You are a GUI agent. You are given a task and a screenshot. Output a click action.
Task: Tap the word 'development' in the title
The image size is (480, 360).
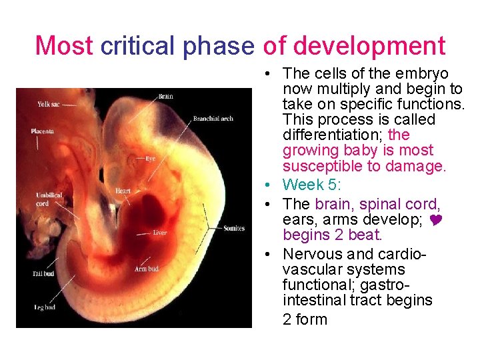coord(369,46)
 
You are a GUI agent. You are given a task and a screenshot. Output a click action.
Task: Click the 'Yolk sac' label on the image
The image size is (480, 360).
coord(48,104)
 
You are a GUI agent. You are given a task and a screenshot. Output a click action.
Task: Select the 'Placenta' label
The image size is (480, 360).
coord(43,131)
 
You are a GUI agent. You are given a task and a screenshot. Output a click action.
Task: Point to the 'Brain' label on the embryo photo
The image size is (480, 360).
coord(165,97)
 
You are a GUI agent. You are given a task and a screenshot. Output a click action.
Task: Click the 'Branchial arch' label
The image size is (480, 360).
coord(213,119)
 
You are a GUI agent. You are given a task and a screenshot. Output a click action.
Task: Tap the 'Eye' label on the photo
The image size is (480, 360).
coord(151,159)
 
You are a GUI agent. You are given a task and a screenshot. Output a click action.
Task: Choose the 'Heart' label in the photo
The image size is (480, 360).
coord(123,191)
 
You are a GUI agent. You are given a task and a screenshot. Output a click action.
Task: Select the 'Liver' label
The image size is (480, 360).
coord(159,233)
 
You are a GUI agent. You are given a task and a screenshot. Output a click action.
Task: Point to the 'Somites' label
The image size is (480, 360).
coord(234,228)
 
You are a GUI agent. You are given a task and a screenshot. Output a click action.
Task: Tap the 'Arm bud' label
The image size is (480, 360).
coord(146,269)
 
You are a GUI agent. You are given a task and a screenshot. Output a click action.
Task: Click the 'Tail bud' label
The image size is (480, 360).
coord(44,274)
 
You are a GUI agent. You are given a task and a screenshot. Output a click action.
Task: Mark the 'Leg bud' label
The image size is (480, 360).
coord(44,307)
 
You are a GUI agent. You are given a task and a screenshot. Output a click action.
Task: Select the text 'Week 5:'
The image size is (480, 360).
coord(311,184)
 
